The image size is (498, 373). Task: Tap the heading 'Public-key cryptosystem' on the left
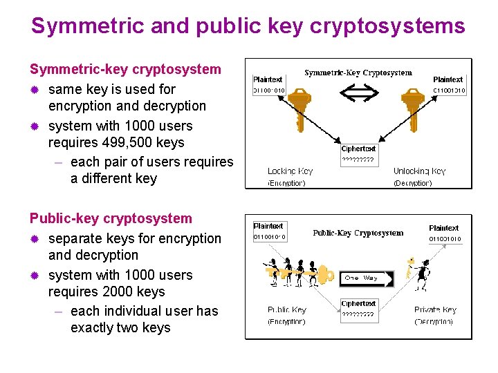pyautogui.click(x=111, y=218)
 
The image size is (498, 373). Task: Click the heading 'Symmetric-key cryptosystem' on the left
pyautogui.click(x=125, y=69)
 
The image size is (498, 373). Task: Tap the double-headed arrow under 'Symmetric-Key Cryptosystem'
pyautogui.click(x=358, y=91)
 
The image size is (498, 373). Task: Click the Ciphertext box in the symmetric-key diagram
pyautogui.click(x=358, y=154)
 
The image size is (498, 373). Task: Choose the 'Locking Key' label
pyautogui.click(x=290, y=171)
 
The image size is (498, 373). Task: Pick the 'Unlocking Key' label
pyautogui.click(x=419, y=171)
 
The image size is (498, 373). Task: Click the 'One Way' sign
pyautogui.click(x=366, y=278)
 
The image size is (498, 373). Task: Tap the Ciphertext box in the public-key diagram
pyautogui.click(x=358, y=309)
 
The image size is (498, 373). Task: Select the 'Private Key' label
pyautogui.click(x=435, y=310)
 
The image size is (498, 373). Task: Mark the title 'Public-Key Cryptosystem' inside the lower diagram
pyautogui.click(x=358, y=233)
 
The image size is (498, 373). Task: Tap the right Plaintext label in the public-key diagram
pyautogui.click(x=443, y=228)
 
